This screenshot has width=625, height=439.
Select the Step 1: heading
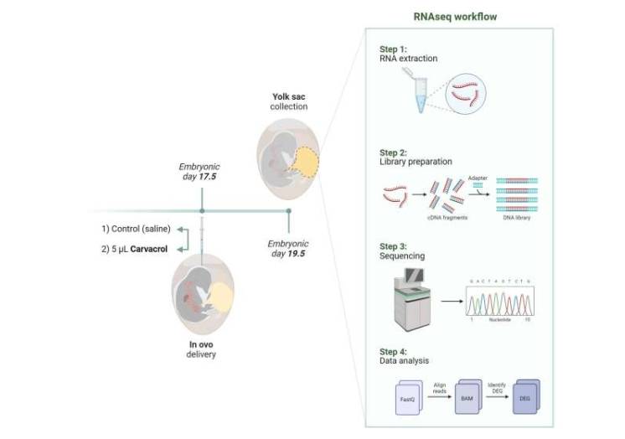[x=394, y=49]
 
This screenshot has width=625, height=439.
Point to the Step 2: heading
[x=394, y=153]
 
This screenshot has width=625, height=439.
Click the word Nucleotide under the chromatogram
[x=500, y=322]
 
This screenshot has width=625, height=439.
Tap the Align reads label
[x=439, y=379]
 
